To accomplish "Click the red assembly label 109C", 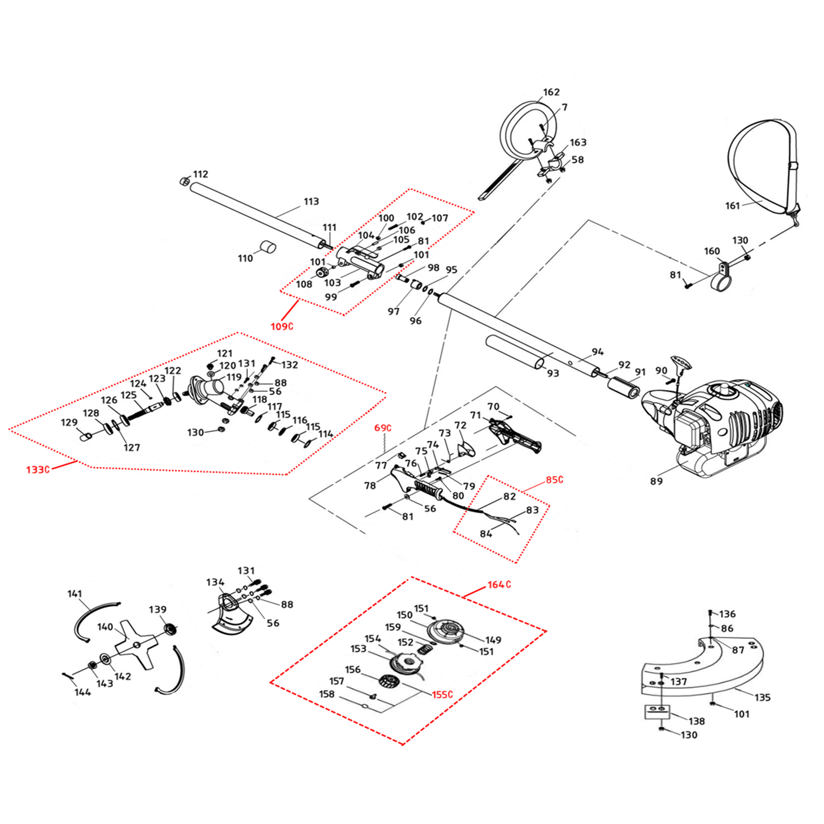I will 282,326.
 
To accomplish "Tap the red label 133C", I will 38,469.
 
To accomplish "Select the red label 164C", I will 499,585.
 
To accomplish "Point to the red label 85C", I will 554,479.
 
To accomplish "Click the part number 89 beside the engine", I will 656,481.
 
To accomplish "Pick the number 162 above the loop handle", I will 551,92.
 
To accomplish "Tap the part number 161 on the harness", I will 732,206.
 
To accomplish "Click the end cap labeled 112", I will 184,181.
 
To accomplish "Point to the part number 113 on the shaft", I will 311,201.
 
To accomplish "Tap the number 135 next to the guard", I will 762,697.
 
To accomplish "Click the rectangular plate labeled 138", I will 656,711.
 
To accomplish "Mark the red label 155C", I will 442,695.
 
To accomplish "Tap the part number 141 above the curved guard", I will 75,594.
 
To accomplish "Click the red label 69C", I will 383,428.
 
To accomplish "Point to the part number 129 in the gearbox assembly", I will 69,422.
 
